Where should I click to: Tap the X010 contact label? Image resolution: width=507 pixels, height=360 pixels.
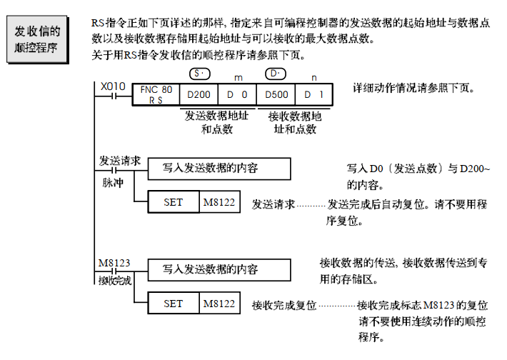[x=113, y=86]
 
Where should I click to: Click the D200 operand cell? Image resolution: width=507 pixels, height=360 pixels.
[x=197, y=95]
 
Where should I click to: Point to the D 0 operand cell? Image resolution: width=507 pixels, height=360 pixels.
[x=236, y=95]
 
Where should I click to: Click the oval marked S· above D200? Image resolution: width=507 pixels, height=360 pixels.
[x=199, y=74]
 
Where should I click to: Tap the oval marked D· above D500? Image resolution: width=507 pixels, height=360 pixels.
[x=276, y=74]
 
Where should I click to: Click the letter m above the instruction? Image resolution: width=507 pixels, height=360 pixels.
[x=237, y=75]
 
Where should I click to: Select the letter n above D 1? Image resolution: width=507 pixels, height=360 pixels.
[x=314, y=75]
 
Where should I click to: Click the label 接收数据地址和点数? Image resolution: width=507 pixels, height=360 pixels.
[x=295, y=122]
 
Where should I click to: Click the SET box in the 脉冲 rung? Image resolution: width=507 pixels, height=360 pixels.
[x=174, y=203]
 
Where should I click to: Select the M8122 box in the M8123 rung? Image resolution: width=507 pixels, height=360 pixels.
[x=219, y=304]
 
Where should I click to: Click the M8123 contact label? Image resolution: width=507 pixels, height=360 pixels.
[x=114, y=264]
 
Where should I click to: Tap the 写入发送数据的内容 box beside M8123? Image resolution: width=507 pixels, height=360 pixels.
[x=219, y=269]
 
